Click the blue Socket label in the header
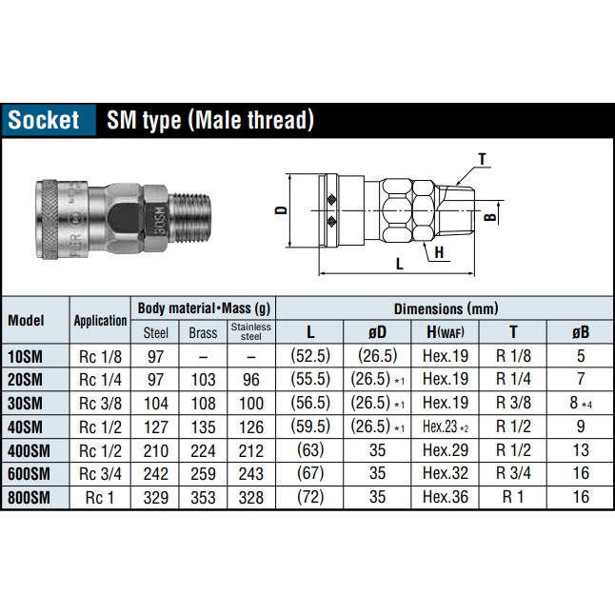click(x=44, y=120)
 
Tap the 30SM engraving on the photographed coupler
click(x=160, y=220)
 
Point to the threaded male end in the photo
click(x=190, y=217)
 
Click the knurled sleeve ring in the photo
click(x=49, y=219)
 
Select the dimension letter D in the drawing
click(x=281, y=209)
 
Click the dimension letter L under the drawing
click(x=399, y=264)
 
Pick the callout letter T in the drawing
click(x=482, y=159)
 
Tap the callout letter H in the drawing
click(x=439, y=252)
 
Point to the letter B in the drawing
click(x=490, y=216)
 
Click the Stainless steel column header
click(x=251, y=331)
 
